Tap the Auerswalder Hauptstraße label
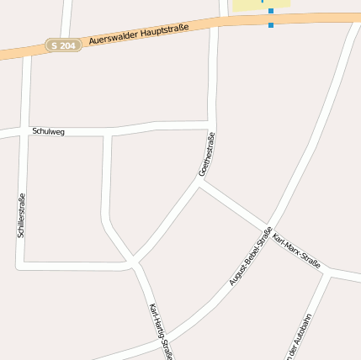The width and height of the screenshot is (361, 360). [138, 34]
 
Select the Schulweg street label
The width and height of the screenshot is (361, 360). [48, 131]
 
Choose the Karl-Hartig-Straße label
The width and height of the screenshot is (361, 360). [160, 331]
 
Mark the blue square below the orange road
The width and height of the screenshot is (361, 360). [271, 24]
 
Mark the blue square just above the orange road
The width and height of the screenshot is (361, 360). [271, 11]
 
